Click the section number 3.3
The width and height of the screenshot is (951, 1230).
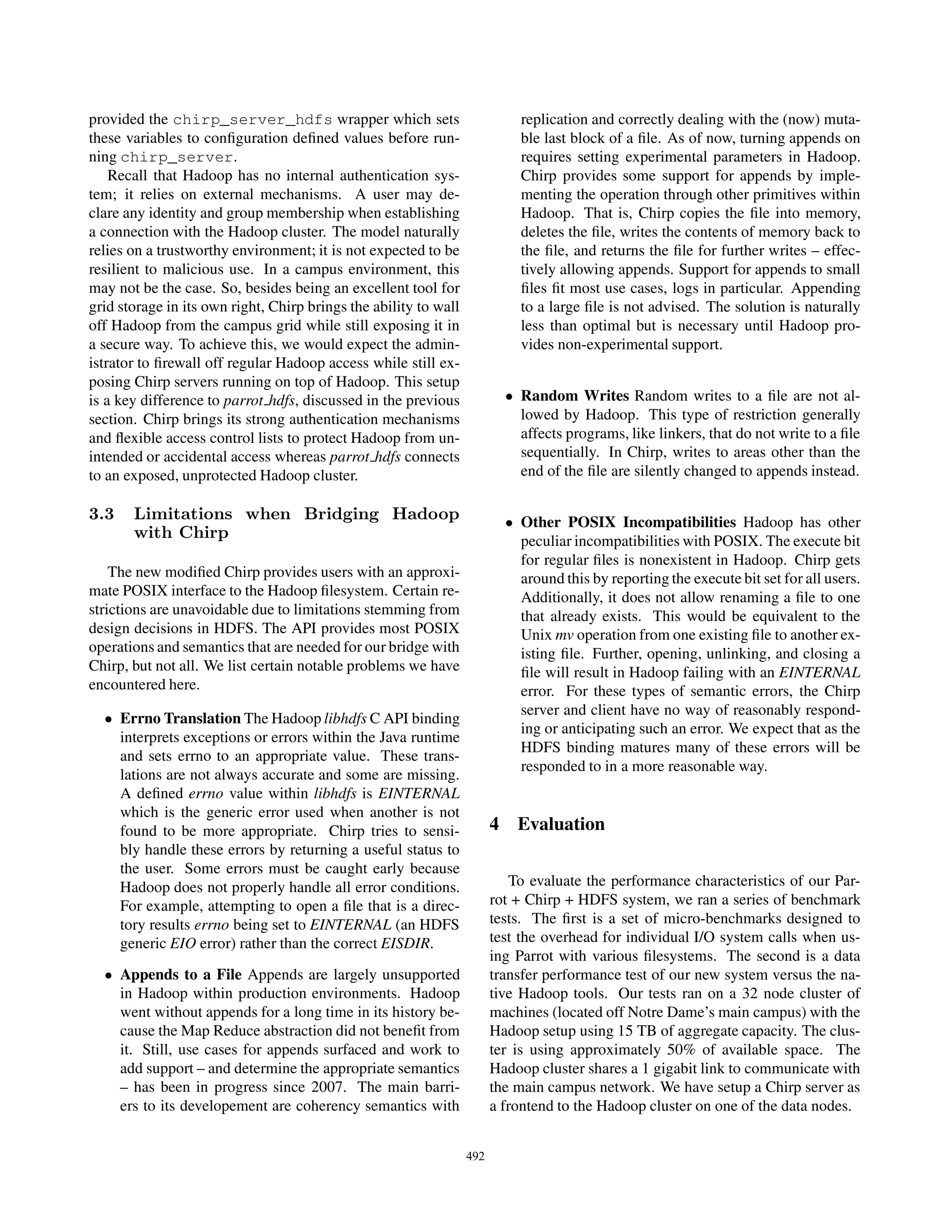pyautogui.click(x=101, y=514)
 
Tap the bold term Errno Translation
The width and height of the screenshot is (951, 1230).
pyautogui.click(x=180, y=719)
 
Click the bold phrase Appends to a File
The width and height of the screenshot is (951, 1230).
pyautogui.click(x=180, y=974)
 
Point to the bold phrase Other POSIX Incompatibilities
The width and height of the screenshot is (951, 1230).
pyautogui.click(x=628, y=522)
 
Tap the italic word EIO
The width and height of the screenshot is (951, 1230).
pyautogui.click(x=182, y=943)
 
